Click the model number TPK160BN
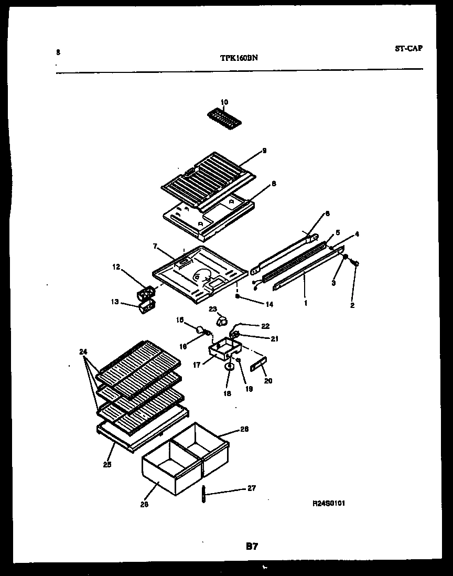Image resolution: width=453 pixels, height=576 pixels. click(x=239, y=59)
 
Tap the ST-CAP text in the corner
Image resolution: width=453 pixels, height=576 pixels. click(x=408, y=48)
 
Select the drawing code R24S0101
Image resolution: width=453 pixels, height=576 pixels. click(x=329, y=503)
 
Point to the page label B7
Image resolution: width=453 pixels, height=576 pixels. click(x=252, y=546)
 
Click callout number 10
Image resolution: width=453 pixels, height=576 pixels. click(x=224, y=102)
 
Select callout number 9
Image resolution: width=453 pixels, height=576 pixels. click(x=264, y=151)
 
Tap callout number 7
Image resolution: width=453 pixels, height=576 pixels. click(x=155, y=246)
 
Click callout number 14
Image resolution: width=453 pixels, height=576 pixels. click(x=255, y=304)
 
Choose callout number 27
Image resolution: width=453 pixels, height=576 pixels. click(x=252, y=488)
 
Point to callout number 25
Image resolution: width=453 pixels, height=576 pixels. click(x=107, y=464)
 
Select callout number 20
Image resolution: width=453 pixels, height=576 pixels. click(x=268, y=381)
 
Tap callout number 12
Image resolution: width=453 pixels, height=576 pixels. click(x=116, y=267)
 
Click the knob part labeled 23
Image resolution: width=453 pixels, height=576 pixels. click(x=222, y=321)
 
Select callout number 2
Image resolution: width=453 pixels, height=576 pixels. click(x=352, y=305)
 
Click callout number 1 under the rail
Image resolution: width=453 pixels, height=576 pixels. click(x=306, y=303)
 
